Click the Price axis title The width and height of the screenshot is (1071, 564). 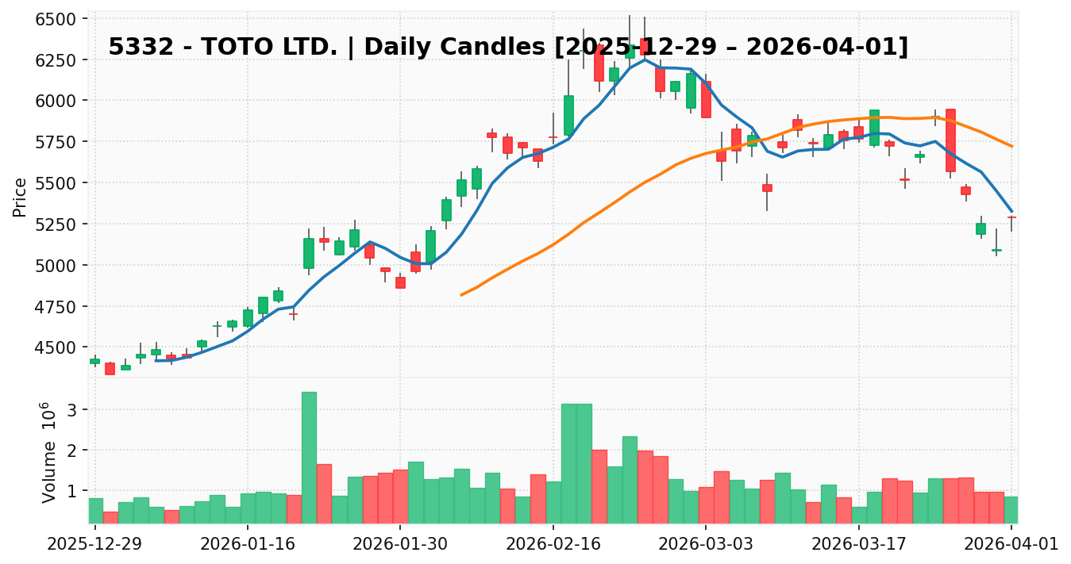coord(20,197)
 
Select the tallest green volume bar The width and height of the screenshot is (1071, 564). coord(309,457)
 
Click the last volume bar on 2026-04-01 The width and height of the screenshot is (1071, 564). coord(1011,509)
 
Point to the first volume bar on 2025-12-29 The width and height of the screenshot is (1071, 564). coord(95,510)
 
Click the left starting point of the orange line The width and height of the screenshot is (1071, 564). coord(461,295)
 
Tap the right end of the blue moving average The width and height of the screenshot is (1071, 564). coord(1011,211)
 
